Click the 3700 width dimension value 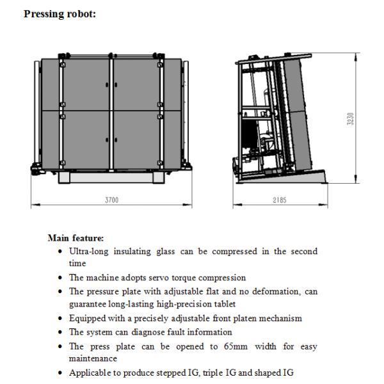click(x=111, y=200)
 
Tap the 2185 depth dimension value click(x=278, y=200)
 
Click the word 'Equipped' click(x=86, y=318)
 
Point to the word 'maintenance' click(x=90, y=358)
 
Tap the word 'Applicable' click(x=88, y=372)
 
